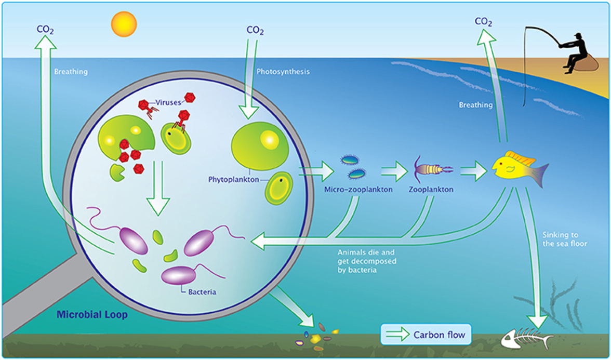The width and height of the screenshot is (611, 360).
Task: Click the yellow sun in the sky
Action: click(124, 24)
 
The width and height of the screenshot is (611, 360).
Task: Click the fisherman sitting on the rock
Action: click(574, 52)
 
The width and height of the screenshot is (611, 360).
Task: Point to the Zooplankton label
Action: click(431, 190)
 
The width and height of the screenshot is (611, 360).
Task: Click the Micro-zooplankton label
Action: click(358, 190)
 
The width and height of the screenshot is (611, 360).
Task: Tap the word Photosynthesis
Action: click(283, 71)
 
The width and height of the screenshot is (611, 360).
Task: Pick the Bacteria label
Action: click(201, 292)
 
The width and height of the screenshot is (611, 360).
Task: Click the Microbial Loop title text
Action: click(92, 314)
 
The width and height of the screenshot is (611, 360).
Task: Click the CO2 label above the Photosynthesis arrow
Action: click(255, 31)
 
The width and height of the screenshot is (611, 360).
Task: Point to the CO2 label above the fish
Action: click(484, 22)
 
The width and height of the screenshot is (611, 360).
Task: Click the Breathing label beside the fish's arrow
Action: click(475, 105)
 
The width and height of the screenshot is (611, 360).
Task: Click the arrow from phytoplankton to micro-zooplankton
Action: click(317, 169)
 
